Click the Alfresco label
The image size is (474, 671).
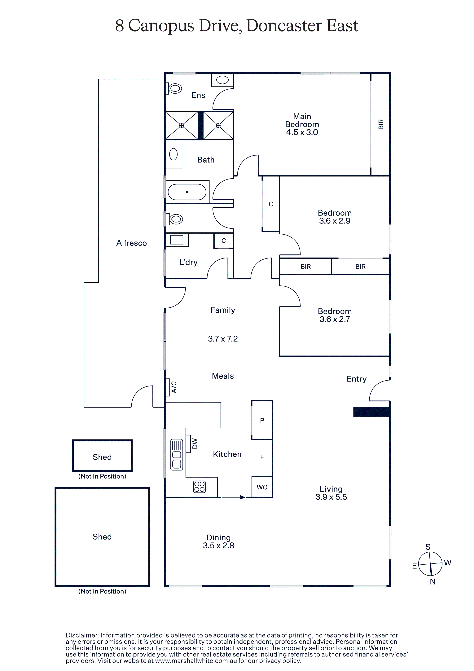click(131, 243)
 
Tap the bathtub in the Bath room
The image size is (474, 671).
click(187, 192)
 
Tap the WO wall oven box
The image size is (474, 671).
click(262, 487)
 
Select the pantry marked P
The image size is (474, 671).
click(262, 420)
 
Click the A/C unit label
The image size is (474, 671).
click(174, 387)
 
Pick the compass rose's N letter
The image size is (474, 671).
click(433, 582)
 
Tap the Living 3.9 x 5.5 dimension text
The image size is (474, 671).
click(331, 497)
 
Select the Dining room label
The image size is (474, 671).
click(219, 537)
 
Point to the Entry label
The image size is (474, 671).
click(357, 379)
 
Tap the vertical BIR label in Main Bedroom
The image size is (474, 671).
click(381, 124)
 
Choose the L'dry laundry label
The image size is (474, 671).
click(188, 263)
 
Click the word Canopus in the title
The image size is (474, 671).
click(161, 26)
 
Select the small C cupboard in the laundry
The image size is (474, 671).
click(224, 241)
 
